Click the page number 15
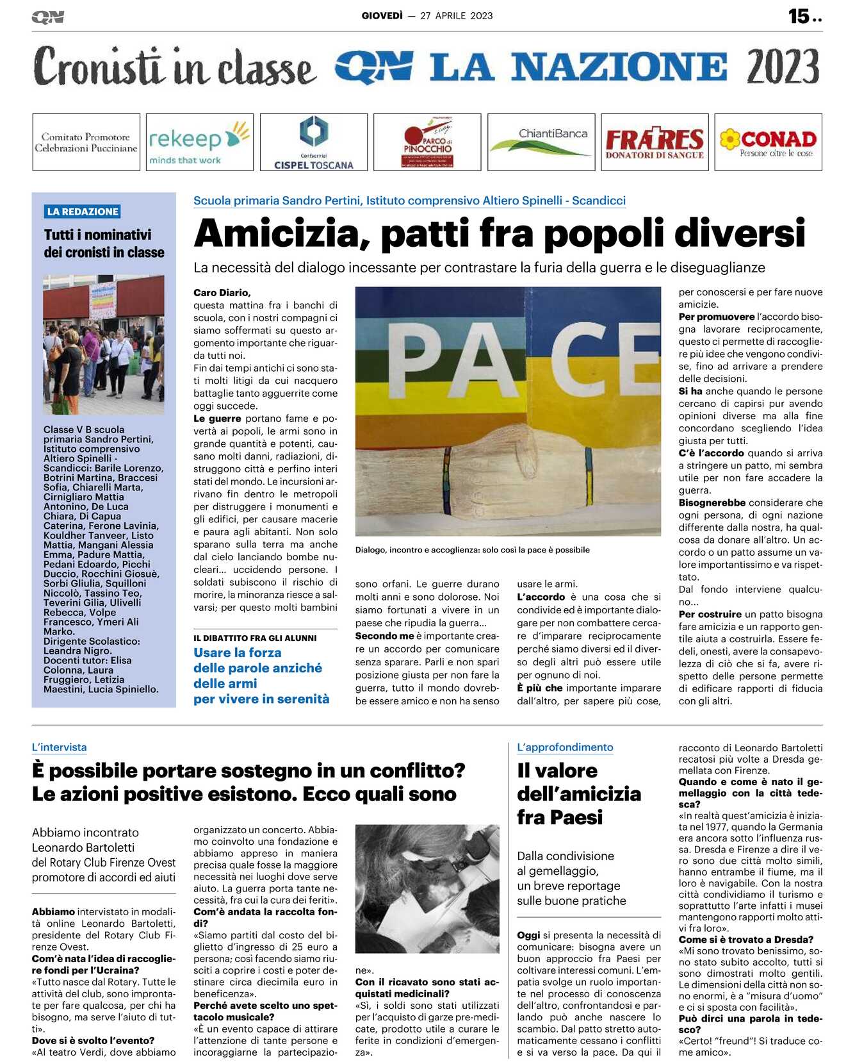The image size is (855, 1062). point(799,16)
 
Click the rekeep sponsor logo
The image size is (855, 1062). point(199,142)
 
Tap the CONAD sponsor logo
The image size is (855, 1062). point(768,142)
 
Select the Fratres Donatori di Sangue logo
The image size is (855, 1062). point(655,142)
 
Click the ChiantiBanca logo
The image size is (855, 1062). point(541,142)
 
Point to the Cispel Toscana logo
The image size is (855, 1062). point(314,142)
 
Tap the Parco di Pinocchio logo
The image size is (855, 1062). point(427,142)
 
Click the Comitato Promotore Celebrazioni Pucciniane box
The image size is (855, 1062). point(86,142)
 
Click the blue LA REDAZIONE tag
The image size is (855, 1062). point(83,212)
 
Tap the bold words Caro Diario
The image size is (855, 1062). point(222,293)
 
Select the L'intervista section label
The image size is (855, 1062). point(59,747)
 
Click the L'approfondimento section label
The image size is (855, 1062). point(565,747)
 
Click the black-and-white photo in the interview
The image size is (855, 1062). point(427,888)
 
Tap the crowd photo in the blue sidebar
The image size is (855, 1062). point(104,344)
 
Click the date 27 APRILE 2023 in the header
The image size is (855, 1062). point(457,16)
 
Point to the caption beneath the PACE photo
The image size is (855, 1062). point(472,550)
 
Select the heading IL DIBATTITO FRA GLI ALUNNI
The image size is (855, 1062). point(255,638)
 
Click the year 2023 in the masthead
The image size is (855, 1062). point(783,67)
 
